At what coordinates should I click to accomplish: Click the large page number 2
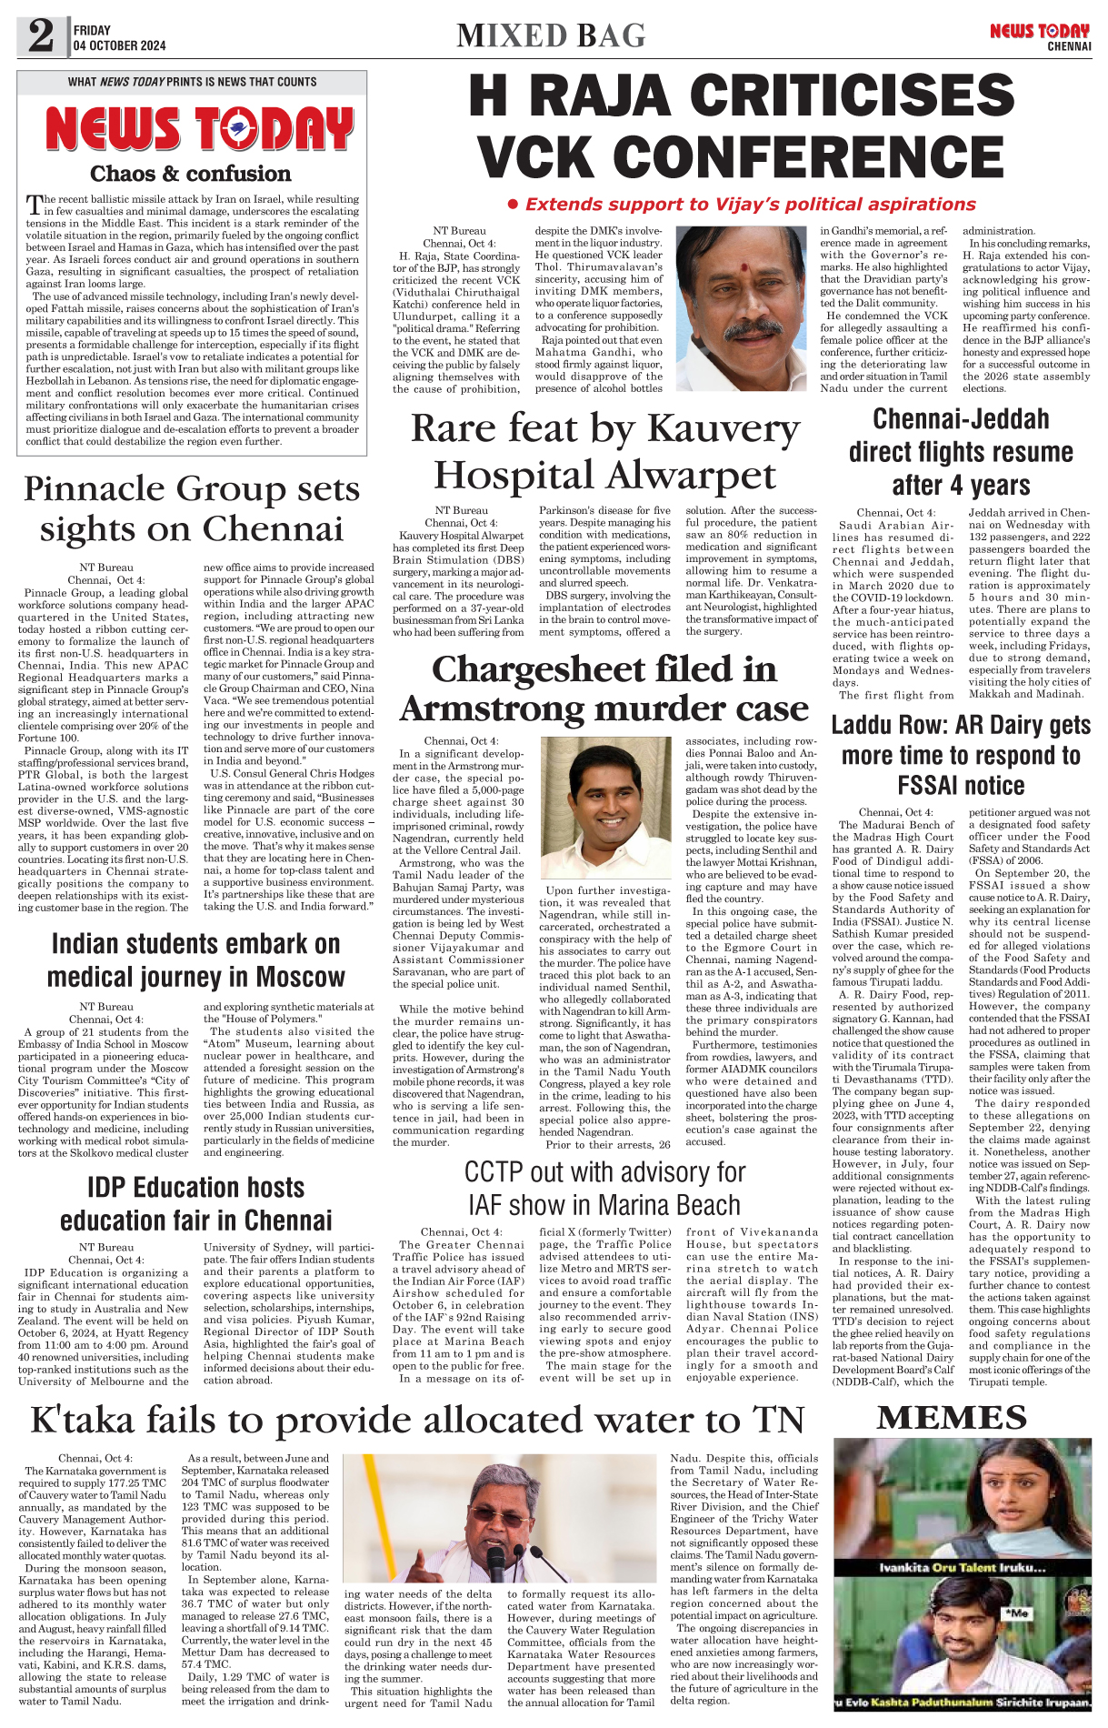(41, 37)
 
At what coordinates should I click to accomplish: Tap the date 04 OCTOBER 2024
(119, 45)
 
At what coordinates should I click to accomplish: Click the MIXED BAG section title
(551, 36)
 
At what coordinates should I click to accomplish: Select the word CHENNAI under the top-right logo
(1068, 46)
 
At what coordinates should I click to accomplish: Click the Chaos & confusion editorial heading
(191, 174)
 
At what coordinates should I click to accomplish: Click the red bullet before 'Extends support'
(513, 206)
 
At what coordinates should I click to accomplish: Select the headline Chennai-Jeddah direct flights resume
(961, 451)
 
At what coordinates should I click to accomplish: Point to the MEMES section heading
(952, 1418)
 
